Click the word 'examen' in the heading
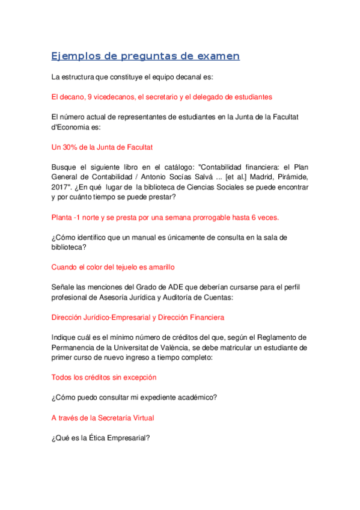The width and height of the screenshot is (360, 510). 215,57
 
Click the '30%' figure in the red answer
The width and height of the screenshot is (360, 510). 73,147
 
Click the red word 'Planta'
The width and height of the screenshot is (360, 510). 64,217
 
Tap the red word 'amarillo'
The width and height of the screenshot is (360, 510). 157,267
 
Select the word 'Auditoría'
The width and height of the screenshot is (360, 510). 191,296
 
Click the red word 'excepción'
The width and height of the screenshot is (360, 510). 139,377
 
